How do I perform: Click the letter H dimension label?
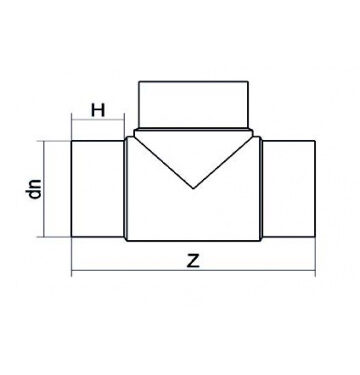click(x=98, y=110)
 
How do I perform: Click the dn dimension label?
click(x=35, y=189)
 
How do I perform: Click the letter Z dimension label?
click(x=193, y=261)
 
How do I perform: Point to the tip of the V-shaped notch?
click(x=193, y=188)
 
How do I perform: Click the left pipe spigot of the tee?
click(x=98, y=189)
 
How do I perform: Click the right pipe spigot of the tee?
click(x=289, y=189)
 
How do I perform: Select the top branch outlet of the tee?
click(x=193, y=105)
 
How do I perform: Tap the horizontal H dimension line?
click(x=98, y=119)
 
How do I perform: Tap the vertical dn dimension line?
click(x=44, y=189)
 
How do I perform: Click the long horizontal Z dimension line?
click(x=193, y=271)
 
